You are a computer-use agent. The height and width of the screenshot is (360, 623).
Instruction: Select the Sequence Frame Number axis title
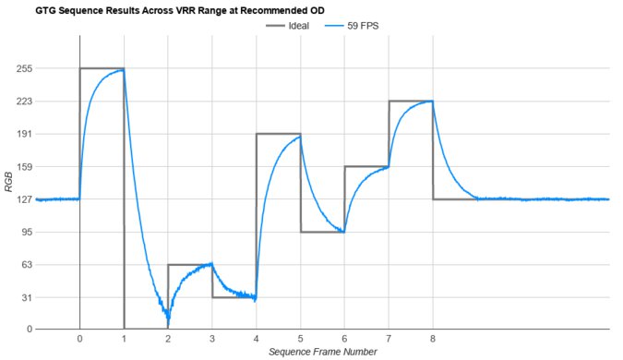[322, 352]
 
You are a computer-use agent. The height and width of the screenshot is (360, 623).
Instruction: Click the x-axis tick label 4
[257, 339]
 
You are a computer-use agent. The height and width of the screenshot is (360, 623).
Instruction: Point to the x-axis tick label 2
[168, 339]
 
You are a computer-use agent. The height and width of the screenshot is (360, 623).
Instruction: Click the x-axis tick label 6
[344, 339]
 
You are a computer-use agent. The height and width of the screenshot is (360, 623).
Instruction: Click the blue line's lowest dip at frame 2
[168, 319]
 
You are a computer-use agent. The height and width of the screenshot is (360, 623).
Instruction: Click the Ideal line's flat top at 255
[102, 68]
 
